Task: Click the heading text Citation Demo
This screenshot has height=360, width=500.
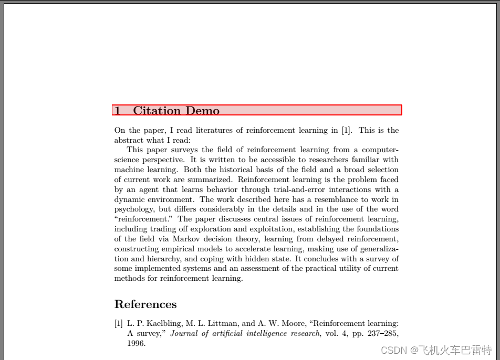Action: [x=176, y=111]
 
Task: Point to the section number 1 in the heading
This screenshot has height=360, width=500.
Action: [x=118, y=111]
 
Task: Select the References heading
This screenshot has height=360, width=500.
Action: [x=145, y=304]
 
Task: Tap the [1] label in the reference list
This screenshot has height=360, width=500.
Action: [x=119, y=323]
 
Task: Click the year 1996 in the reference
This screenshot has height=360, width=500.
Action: [x=136, y=343]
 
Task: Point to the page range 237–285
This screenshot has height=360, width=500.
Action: [x=382, y=333]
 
